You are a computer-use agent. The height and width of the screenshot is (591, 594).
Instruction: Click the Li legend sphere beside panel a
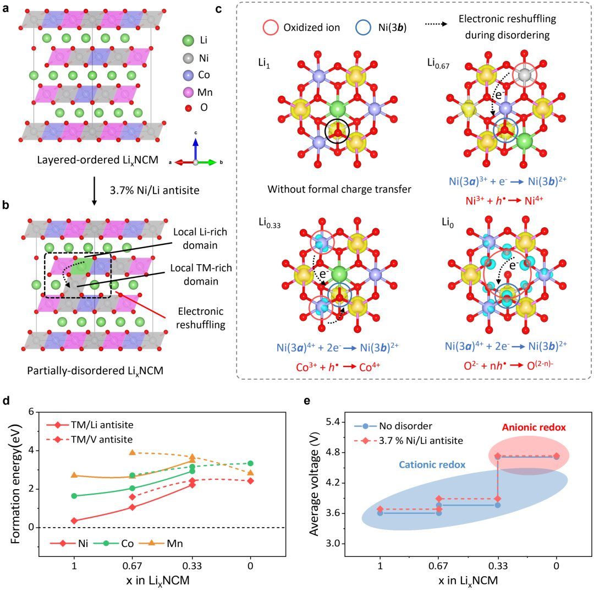click(188, 40)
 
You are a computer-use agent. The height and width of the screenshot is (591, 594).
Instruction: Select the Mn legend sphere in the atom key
click(188, 91)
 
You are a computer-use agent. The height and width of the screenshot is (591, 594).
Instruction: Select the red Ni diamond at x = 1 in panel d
click(74, 521)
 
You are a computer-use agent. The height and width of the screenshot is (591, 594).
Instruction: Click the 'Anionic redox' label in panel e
click(527, 428)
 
